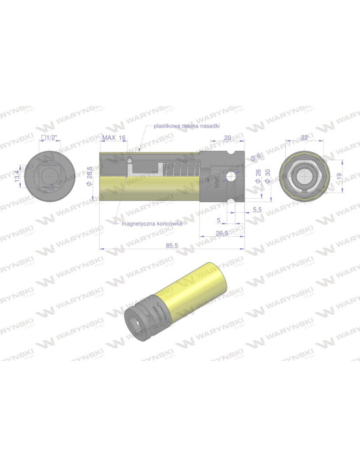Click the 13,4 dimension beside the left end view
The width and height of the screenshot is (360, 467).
click(x=18, y=178)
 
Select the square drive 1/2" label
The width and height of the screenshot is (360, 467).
click(x=49, y=137)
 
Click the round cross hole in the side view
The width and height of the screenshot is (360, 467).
click(x=231, y=177)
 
